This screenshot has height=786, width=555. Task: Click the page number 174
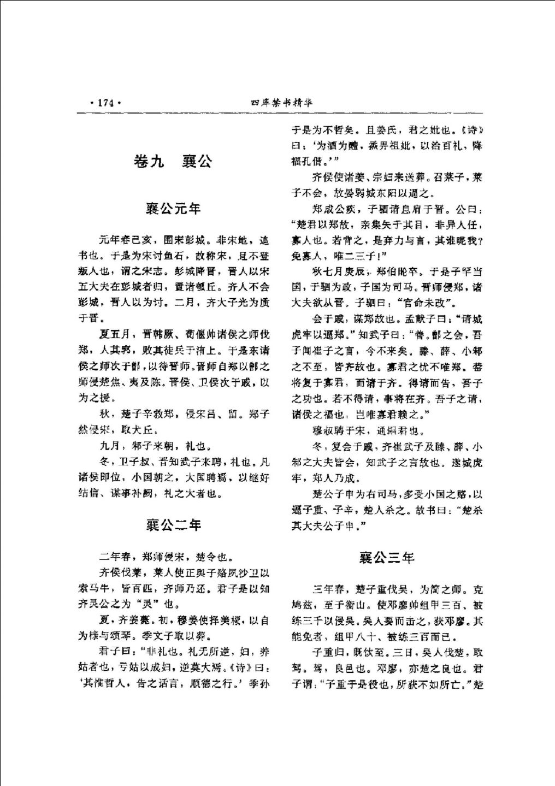[104, 102]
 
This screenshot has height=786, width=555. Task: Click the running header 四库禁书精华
[281, 102]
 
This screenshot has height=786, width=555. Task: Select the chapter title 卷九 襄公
[173, 162]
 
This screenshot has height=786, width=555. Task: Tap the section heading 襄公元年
[173, 209]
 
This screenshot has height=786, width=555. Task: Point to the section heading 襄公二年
[173, 525]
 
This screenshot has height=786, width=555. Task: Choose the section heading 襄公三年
[387, 558]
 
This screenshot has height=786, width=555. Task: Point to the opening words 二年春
[115, 558]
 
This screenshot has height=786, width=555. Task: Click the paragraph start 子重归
[326, 653]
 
